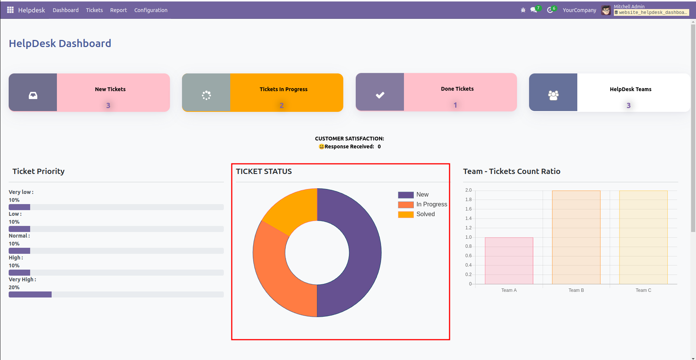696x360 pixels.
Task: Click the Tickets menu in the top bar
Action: pyautogui.click(x=94, y=10)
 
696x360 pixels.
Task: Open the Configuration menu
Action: pyautogui.click(x=151, y=10)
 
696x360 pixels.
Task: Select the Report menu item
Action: pyautogui.click(x=118, y=10)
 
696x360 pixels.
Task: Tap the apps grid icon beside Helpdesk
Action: pyautogui.click(x=11, y=10)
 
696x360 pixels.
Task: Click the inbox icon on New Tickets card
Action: pyautogui.click(x=33, y=95)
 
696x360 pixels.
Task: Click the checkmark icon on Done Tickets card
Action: pyautogui.click(x=380, y=95)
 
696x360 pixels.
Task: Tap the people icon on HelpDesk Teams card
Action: pyautogui.click(x=553, y=95)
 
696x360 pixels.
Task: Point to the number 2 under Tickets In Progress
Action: pyautogui.click(x=281, y=105)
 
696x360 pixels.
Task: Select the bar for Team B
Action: pyautogui.click(x=576, y=237)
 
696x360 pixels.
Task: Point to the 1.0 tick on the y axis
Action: pyautogui.click(x=468, y=237)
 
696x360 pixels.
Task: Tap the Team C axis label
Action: pyautogui.click(x=643, y=290)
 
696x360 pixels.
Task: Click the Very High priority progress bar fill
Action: pyautogui.click(x=30, y=294)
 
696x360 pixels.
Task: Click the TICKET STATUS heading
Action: pyautogui.click(x=264, y=171)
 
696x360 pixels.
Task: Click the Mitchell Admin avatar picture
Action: pyautogui.click(x=606, y=10)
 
